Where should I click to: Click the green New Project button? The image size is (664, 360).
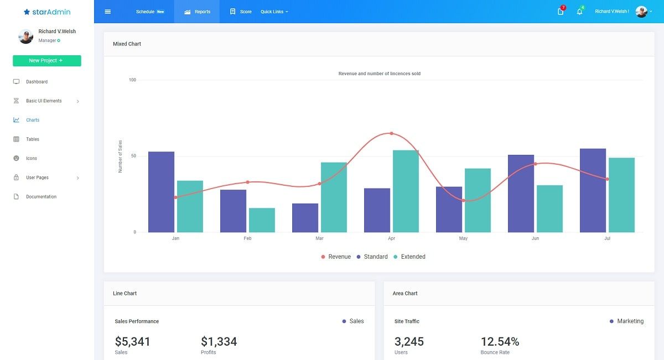coord(46,61)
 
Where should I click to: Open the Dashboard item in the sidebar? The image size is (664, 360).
coord(37,82)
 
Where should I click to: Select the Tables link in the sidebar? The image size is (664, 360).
coord(32,139)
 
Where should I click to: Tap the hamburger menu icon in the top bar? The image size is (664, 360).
coord(108,12)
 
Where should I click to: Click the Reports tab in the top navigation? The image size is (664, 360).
coord(197,12)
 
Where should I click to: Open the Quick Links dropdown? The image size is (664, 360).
coord(274,12)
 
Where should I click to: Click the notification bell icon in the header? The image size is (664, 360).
coord(579,12)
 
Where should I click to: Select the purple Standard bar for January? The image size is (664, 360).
coord(161,192)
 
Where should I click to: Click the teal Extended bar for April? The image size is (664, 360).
coord(406,191)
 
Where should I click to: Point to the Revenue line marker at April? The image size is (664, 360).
coord(391,133)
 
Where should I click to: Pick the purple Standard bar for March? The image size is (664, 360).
coord(305,218)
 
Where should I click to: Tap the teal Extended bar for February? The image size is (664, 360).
coord(262,220)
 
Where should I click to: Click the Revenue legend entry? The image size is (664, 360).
coord(336,257)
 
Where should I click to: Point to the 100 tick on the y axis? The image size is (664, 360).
coord(132,80)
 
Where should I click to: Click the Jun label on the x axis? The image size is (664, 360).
coord(535,238)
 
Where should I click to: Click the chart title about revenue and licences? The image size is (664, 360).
coord(379,74)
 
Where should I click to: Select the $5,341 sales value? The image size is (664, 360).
coord(132,342)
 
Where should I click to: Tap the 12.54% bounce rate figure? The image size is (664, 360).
coord(500,342)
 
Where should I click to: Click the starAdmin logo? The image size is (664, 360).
coord(47,12)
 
